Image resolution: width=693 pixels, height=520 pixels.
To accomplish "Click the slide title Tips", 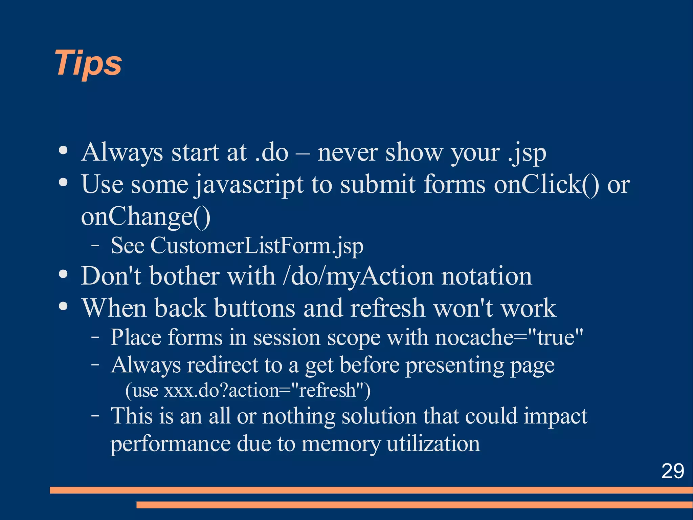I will tap(88, 63).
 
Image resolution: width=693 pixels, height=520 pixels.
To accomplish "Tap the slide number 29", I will tap(672, 471).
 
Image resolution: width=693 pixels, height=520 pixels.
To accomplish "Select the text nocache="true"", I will tap(509, 337).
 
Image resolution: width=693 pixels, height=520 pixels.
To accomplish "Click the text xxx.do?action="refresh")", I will tap(267, 390).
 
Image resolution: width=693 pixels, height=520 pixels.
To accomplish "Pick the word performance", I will tap(170, 443).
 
